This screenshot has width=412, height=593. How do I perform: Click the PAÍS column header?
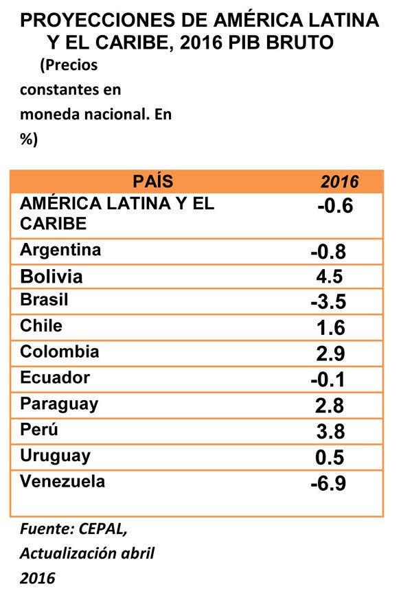pos(153,182)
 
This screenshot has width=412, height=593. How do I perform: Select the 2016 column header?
pos(340,183)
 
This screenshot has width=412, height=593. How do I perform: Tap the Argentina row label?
pos(60,250)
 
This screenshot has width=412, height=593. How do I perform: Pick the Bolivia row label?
pos(51,277)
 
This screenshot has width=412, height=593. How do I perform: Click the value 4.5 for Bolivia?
pos(327,277)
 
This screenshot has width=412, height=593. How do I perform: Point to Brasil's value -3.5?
pos(327,302)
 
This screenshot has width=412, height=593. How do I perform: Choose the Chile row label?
pos(41,326)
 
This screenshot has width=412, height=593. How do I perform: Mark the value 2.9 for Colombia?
pos(327,354)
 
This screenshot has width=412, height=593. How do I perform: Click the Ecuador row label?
pos(55,377)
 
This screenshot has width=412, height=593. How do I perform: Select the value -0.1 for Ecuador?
pos(327,380)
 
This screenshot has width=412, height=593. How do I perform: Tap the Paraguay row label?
pos(59,404)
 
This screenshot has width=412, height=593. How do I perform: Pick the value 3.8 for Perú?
pos(327,432)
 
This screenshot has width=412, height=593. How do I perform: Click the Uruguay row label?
pos(56,456)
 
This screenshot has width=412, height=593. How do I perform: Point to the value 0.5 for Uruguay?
pos(327,458)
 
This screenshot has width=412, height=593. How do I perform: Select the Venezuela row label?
pos(62,481)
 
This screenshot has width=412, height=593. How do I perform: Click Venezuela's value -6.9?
pos(327,484)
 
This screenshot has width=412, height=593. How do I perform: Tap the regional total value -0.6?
pos(335,206)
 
